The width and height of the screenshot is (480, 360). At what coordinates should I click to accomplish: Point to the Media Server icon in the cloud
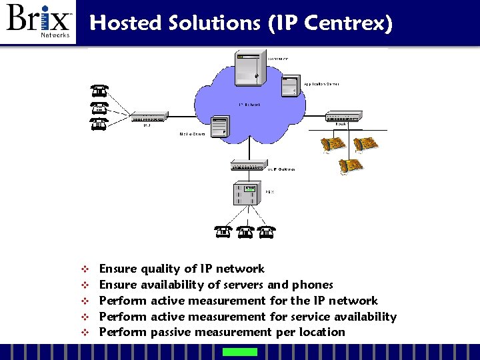pyautogui.click(x=219, y=126)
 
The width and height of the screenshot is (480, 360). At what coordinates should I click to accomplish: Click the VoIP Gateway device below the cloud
pyautogui.click(x=246, y=166)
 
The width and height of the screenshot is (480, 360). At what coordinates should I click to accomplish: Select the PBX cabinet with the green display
pyautogui.click(x=246, y=193)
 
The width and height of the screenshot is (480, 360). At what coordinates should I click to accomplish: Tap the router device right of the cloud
pyautogui.click(x=343, y=116)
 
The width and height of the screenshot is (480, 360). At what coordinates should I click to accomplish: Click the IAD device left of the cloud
pyautogui.click(x=149, y=118)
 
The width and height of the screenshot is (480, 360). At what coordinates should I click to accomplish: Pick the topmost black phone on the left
pyautogui.click(x=99, y=91)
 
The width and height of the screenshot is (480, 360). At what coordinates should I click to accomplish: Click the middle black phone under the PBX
pyautogui.click(x=246, y=232)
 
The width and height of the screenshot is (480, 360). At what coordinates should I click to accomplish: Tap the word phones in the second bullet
pyautogui.click(x=313, y=285)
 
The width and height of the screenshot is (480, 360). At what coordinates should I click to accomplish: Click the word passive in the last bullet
pyautogui.click(x=170, y=332)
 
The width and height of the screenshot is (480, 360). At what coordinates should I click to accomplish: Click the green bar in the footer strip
pyautogui.click(x=239, y=352)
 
